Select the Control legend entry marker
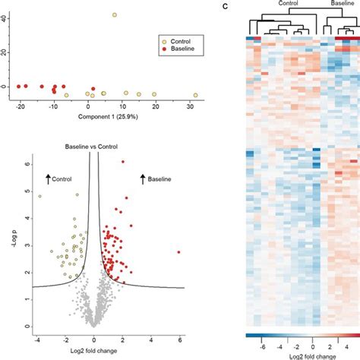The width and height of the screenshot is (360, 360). coord(163,39)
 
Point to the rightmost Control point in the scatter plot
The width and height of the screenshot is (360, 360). coord(195,95)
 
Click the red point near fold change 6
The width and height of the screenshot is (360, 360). coord(179,251)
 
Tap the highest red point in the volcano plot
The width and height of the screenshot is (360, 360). coord(123,162)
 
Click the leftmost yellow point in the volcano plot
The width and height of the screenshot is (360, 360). coord(40,195)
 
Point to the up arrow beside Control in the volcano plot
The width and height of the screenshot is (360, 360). coord(48,178)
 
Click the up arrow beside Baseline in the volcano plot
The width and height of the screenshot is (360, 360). coord(142,178)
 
